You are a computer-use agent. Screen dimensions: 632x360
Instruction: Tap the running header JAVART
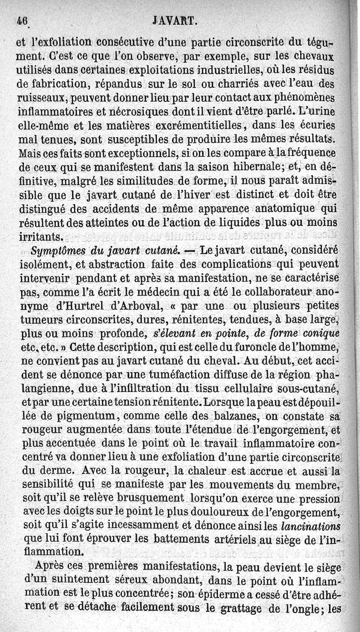coord(175,20)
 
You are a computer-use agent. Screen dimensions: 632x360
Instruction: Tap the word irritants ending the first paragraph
coord(41,236)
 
